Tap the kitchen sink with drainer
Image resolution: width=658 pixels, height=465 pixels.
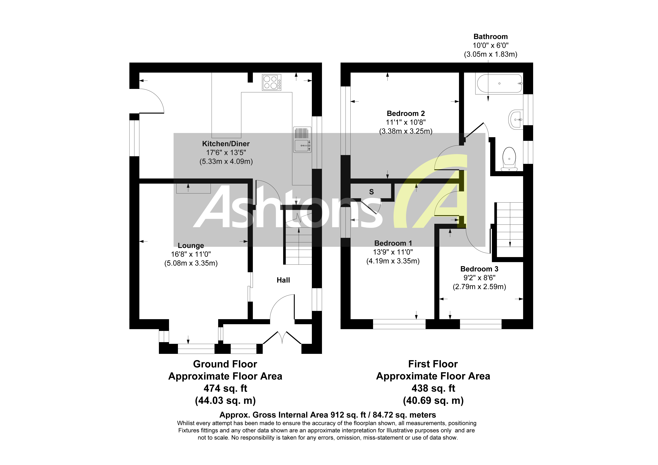pos(302,140)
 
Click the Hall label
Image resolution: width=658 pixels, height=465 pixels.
pos(283,280)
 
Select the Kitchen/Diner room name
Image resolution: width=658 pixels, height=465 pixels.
pos(226,144)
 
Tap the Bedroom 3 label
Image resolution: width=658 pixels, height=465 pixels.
pos(479,269)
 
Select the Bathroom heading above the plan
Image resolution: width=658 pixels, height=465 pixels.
pos(490,37)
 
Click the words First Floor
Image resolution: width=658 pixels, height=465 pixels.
pos(433,364)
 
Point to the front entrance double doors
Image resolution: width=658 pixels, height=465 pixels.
pos(282,338)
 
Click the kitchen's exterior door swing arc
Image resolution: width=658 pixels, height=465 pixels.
pos(152,100)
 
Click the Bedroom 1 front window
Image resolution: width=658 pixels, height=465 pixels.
pos(399,324)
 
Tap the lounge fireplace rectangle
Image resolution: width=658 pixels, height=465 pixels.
pos(193,189)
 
